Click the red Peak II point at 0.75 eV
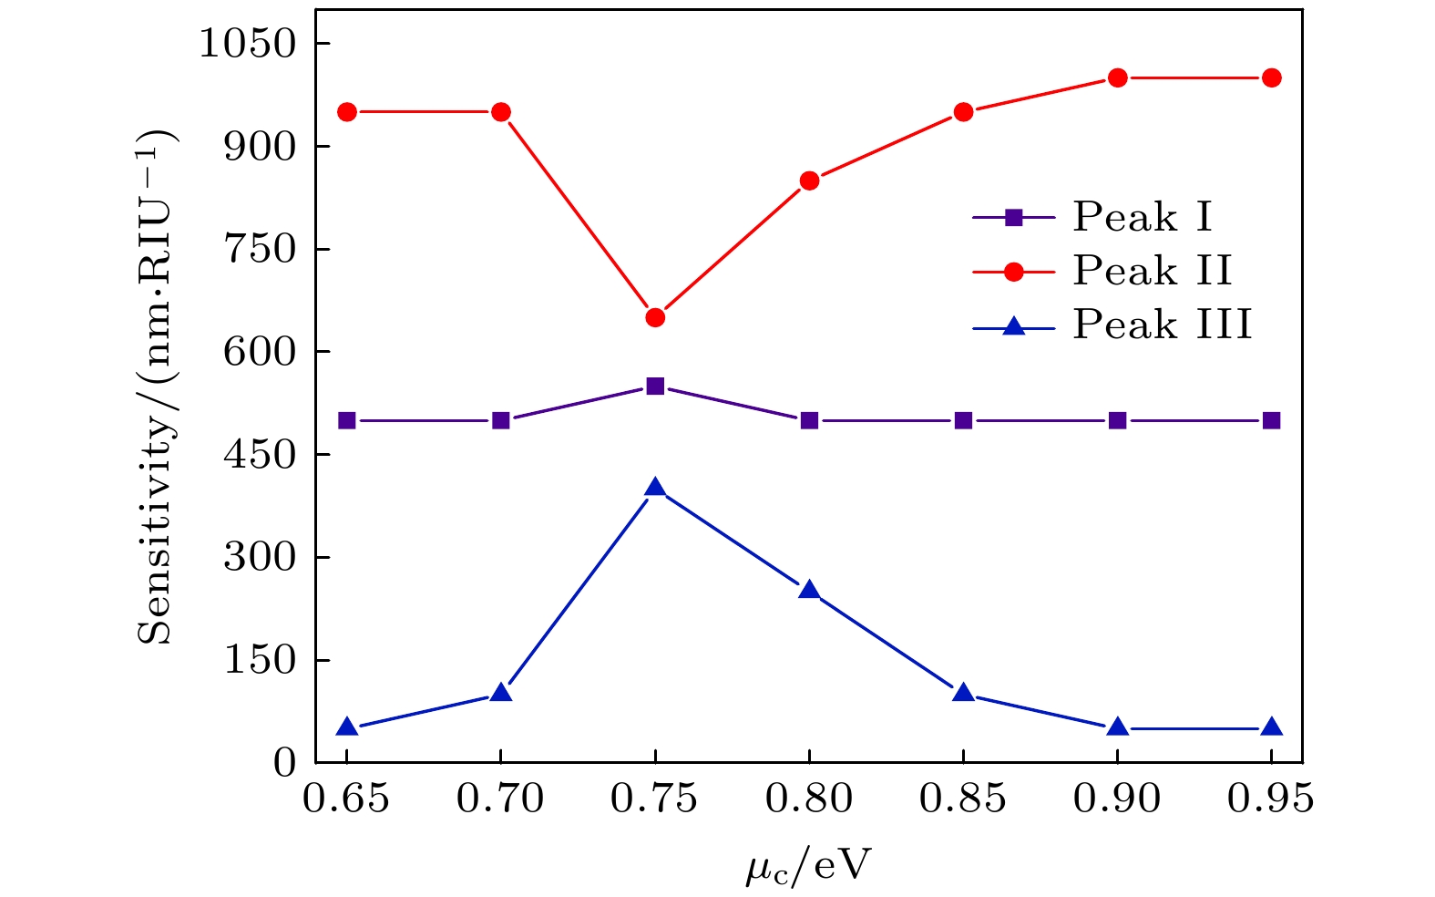point(655,317)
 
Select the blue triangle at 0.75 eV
point(655,488)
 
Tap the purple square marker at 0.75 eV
point(655,386)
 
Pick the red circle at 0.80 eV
point(809,180)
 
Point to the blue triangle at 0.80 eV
point(809,591)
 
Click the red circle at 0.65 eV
point(346,112)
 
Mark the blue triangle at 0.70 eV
point(500,693)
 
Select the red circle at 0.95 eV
point(1272,77)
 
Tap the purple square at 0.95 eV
point(1272,420)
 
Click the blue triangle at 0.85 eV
point(963,693)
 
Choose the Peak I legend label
point(1143,217)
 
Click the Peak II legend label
point(1153,271)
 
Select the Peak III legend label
point(1163,325)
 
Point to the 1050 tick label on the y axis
point(248,43)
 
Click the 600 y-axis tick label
point(261,351)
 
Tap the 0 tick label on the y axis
point(285,762)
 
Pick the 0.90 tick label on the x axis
point(1117,799)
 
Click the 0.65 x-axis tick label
point(346,799)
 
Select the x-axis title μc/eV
point(808,866)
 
